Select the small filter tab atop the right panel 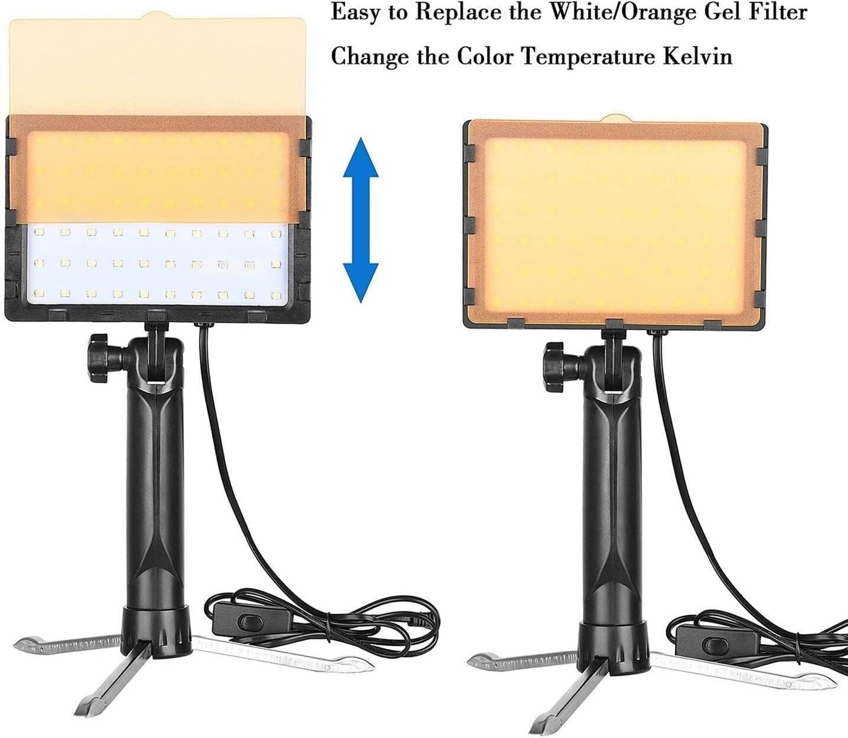tap(616, 117)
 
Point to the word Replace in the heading tap(469, 13)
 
